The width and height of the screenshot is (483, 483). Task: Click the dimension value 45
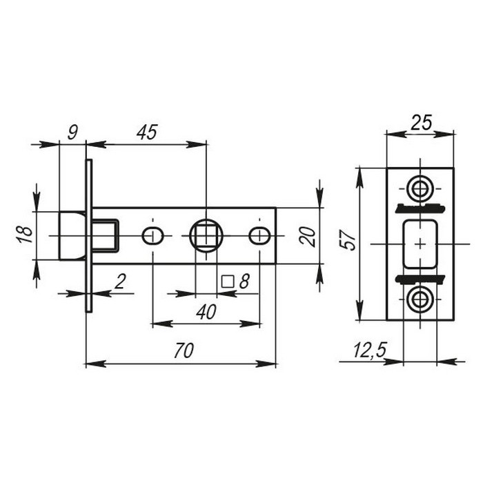pos(147,132)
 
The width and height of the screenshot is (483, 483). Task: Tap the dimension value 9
pos(72,132)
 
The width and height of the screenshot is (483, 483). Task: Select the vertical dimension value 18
pos(26,235)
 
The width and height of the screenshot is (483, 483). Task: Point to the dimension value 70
pos(184,351)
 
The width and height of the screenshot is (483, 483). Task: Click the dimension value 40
pos(206,312)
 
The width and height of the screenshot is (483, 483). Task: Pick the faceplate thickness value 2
pos(121,282)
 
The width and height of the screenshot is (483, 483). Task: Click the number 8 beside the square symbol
pos(244,282)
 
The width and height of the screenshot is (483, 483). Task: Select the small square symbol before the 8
pos(228,282)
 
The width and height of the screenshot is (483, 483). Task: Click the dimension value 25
pos(422,123)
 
